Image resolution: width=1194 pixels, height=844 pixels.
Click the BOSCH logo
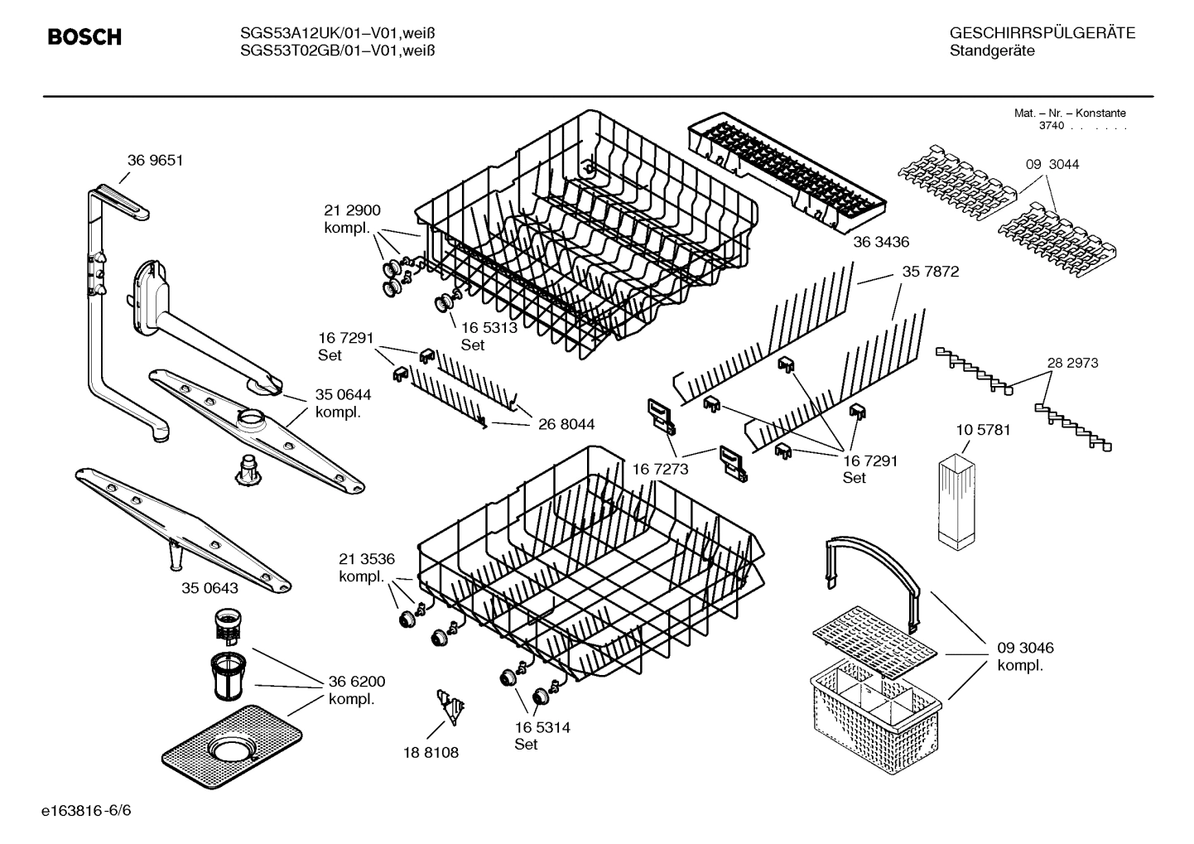[84, 37]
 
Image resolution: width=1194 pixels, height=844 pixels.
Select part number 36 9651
[155, 161]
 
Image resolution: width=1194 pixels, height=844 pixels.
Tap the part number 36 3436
[881, 242]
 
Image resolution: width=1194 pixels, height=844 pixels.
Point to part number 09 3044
[1052, 164]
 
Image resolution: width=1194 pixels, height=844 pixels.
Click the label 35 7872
[930, 272]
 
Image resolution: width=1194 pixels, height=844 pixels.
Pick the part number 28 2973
[1072, 363]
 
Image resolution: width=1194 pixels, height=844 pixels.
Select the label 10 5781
[983, 430]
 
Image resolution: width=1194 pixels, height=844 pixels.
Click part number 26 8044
[566, 425]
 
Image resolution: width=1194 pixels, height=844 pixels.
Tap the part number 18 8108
[431, 752]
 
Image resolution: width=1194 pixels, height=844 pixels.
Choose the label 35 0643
[209, 588]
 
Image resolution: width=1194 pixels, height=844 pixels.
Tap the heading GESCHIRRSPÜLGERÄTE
[1042, 33]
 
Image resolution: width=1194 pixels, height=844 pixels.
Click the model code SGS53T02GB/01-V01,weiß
[337, 51]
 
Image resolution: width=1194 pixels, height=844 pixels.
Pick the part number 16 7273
[660, 469]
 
